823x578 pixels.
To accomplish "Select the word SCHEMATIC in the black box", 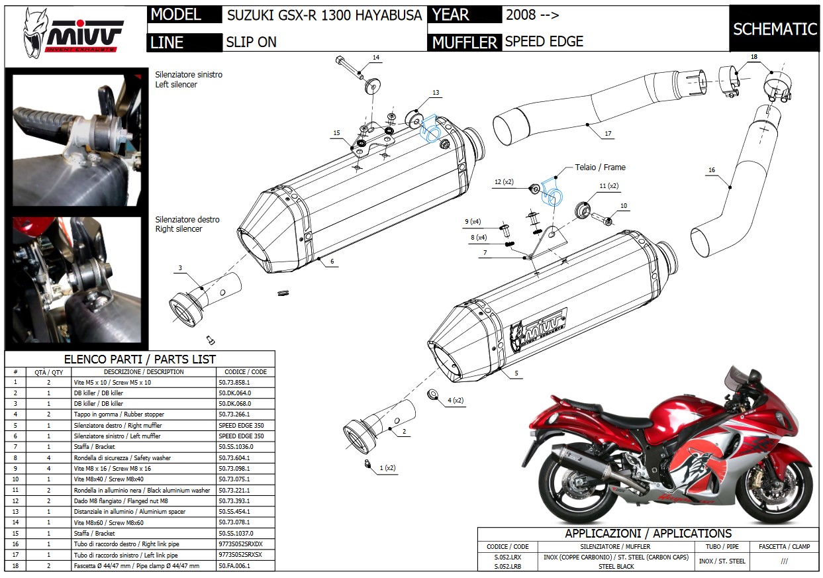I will pos(775,29).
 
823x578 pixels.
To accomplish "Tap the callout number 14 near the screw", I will pos(375,58).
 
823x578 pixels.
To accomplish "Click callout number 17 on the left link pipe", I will pos(608,134).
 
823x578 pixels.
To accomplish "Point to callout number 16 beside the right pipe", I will pos(712,170).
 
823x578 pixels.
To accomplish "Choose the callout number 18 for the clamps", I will pos(753,58).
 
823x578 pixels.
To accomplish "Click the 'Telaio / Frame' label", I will pos(600,168).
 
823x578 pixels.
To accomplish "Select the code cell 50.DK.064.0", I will pos(235,393).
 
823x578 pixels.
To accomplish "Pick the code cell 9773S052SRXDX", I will pos(240,544).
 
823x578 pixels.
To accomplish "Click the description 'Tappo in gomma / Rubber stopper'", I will pos(117,414).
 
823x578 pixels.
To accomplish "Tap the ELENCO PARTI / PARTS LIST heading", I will pos(140,360).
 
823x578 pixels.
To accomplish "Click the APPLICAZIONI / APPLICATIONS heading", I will pos(648,534).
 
